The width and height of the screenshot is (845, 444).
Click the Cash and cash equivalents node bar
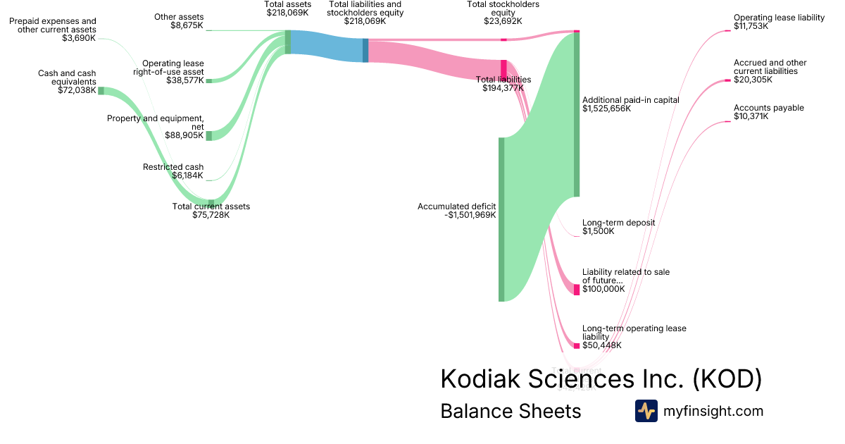[101, 91]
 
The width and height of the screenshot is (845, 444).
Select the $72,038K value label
[77, 90]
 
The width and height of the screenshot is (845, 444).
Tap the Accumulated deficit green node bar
[501, 219]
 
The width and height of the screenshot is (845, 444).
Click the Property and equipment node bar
[208, 135]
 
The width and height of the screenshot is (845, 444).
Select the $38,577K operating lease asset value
[184, 80]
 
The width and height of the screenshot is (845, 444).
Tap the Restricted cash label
[173, 167]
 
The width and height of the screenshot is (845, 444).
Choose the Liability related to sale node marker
[577, 289]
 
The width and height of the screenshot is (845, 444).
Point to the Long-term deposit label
[618, 223]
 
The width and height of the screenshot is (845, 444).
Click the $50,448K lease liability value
[602, 345]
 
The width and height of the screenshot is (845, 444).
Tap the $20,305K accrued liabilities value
[753, 80]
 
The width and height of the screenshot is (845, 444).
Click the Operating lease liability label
[779, 18]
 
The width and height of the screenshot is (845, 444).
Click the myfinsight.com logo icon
[646, 411]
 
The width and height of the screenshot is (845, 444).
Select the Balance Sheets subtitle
[511, 411]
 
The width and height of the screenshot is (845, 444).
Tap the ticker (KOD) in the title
[727, 379]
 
